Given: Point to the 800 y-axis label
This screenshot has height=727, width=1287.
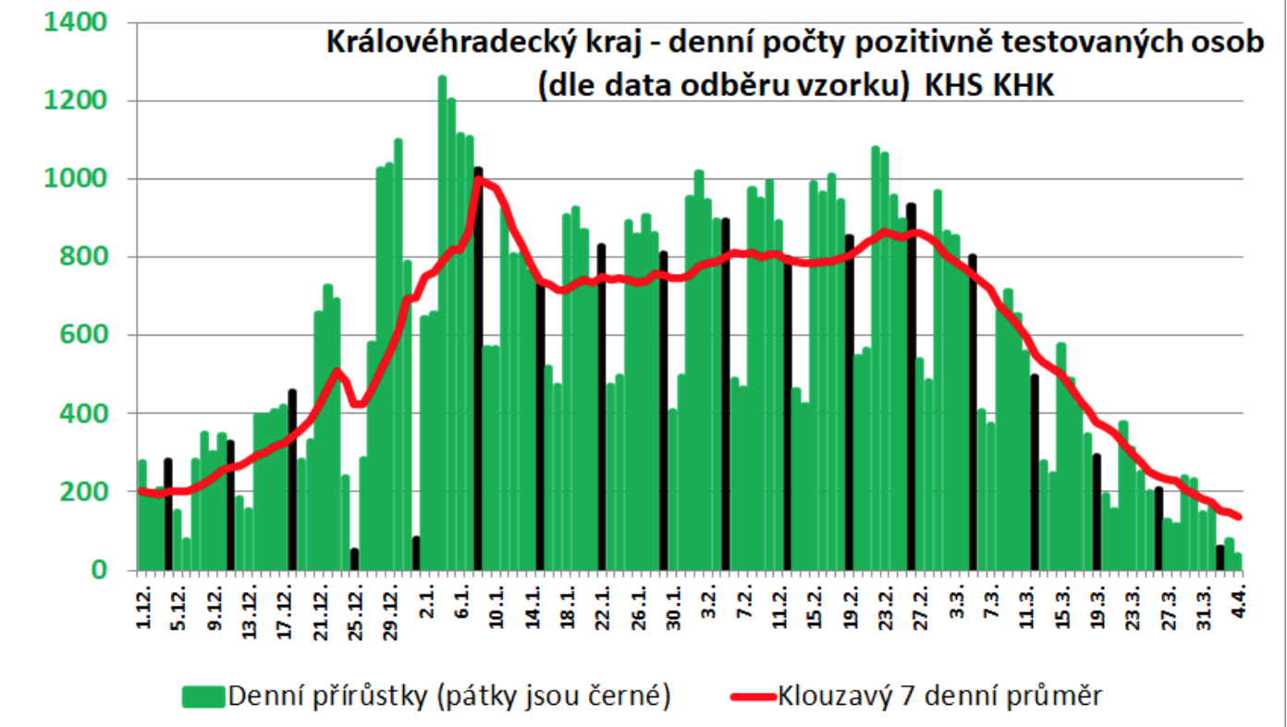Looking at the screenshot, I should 92,256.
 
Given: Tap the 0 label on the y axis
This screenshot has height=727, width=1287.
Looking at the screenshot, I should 109,570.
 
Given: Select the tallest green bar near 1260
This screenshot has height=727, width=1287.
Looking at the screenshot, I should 442,324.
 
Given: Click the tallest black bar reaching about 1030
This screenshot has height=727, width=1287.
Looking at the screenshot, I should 478,370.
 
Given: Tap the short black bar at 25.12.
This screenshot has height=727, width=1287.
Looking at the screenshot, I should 354,559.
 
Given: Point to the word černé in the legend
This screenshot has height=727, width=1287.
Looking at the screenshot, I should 631,696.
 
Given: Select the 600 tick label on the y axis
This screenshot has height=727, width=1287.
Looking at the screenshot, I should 92,335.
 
